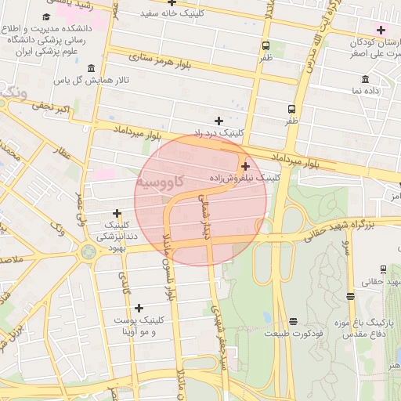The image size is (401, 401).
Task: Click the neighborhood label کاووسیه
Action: point(160,182)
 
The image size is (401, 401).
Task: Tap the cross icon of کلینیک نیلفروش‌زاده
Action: point(246,166)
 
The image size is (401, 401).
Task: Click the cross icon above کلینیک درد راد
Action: point(219,121)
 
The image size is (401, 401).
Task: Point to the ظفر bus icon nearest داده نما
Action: point(291,110)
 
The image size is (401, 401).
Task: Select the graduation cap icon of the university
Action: point(46,16)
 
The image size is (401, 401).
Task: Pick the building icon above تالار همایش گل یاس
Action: point(92,68)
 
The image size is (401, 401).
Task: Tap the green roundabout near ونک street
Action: point(88,251)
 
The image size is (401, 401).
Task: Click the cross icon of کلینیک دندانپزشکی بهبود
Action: point(117,212)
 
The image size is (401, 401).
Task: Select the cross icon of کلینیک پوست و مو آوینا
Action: point(139,308)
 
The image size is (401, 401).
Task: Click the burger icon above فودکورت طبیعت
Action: point(293,321)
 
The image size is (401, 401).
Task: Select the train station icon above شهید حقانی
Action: point(349,296)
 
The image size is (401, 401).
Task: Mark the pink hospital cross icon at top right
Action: point(381,31)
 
